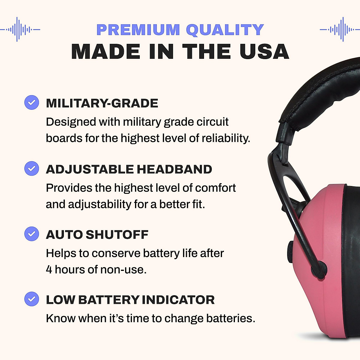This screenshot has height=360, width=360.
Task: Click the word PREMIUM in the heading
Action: [x=138, y=30]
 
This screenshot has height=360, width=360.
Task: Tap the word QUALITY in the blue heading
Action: [x=225, y=30]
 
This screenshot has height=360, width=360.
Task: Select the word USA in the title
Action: [x=264, y=52]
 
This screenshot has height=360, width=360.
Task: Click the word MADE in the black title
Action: [x=106, y=52]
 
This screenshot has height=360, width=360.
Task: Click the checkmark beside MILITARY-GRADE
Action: [x=31, y=102]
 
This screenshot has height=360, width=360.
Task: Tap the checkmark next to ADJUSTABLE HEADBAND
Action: [x=31, y=168]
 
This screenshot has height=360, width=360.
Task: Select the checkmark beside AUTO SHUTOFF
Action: [x=31, y=234]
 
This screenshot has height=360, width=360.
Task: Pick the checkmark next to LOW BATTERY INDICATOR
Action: [x=31, y=299]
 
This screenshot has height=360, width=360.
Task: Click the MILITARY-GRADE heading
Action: [x=102, y=103]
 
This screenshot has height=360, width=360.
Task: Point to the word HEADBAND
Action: [x=174, y=169]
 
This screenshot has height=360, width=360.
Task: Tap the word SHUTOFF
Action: [x=117, y=235]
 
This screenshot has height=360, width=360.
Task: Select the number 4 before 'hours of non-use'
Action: [x=49, y=269]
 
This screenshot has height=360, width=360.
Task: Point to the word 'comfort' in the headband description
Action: [x=215, y=188]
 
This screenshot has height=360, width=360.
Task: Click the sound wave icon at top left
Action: [x=20, y=29]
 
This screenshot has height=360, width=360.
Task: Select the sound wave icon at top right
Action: [x=340, y=29]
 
